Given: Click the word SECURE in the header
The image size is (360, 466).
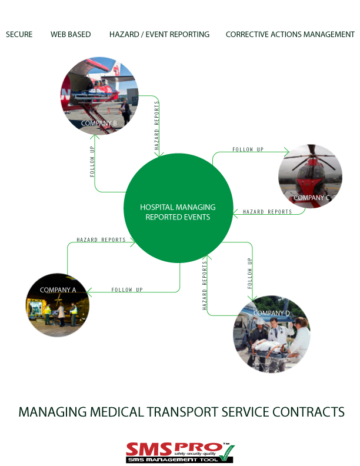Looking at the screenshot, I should point(19,35).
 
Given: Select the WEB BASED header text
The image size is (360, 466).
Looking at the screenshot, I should point(71,35).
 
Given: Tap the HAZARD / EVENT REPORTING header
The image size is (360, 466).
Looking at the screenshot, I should point(159,35).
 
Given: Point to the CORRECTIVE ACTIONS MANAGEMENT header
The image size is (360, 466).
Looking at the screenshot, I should point(290,35).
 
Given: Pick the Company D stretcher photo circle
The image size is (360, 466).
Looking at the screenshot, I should point(272,334).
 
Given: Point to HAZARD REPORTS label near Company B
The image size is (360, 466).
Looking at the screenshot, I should point(157,127).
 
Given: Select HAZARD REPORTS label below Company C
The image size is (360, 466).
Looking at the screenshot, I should point(267,212).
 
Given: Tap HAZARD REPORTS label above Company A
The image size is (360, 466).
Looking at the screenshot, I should point(101,240).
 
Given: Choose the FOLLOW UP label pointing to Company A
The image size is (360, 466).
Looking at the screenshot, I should point(127,290).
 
